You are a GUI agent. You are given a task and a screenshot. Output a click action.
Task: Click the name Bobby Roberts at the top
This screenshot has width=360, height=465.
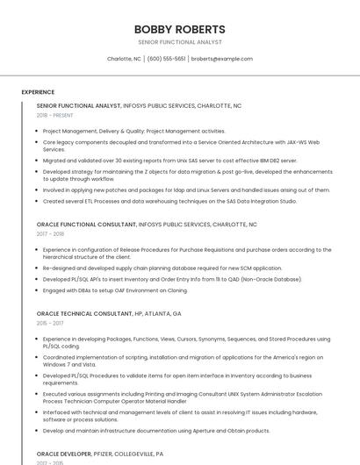pyautogui.click(x=179, y=29)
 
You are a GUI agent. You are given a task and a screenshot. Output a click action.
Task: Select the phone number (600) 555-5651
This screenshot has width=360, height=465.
pyautogui.click(x=166, y=59)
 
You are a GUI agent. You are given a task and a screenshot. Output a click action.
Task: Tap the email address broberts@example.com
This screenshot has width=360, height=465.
pyautogui.click(x=221, y=59)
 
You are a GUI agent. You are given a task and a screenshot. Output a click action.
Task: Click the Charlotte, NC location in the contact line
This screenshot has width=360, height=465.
pyautogui.click(x=124, y=59)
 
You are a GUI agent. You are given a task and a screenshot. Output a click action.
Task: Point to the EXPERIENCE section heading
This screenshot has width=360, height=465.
pyautogui.click(x=38, y=92)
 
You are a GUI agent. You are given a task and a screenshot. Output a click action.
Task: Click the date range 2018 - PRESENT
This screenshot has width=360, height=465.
pyautogui.click(x=54, y=115)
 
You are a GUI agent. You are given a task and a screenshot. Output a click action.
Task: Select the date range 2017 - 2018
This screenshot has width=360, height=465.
pyautogui.click(x=50, y=234)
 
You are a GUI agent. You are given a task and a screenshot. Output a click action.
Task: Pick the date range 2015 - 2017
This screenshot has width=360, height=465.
pyautogui.click(x=50, y=323)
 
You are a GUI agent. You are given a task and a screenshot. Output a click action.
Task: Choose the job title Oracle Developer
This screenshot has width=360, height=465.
pyautogui.click(x=63, y=454)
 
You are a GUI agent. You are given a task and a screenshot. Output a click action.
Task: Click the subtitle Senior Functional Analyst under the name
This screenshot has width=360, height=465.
pyautogui.click(x=179, y=42)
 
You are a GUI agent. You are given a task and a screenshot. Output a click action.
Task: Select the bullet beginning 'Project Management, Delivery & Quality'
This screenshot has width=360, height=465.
pyautogui.click(x=133, y=131)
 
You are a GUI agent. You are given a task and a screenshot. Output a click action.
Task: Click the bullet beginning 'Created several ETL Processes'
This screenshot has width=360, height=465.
pyautogui.click(x=169, y=201)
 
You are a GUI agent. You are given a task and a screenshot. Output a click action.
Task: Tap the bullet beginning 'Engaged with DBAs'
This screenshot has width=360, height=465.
pyautogui.click(x=115, y=290)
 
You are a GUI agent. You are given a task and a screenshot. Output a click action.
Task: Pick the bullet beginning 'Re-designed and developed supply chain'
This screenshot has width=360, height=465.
pyautogui.click(x=162, y=268)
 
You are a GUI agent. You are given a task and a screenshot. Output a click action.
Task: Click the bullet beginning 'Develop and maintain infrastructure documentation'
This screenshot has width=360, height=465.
pyautogui.click(x=156, y=431)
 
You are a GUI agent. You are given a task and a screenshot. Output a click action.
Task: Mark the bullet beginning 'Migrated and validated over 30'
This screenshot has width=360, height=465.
pyautogui.click(x=169, y=161)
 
